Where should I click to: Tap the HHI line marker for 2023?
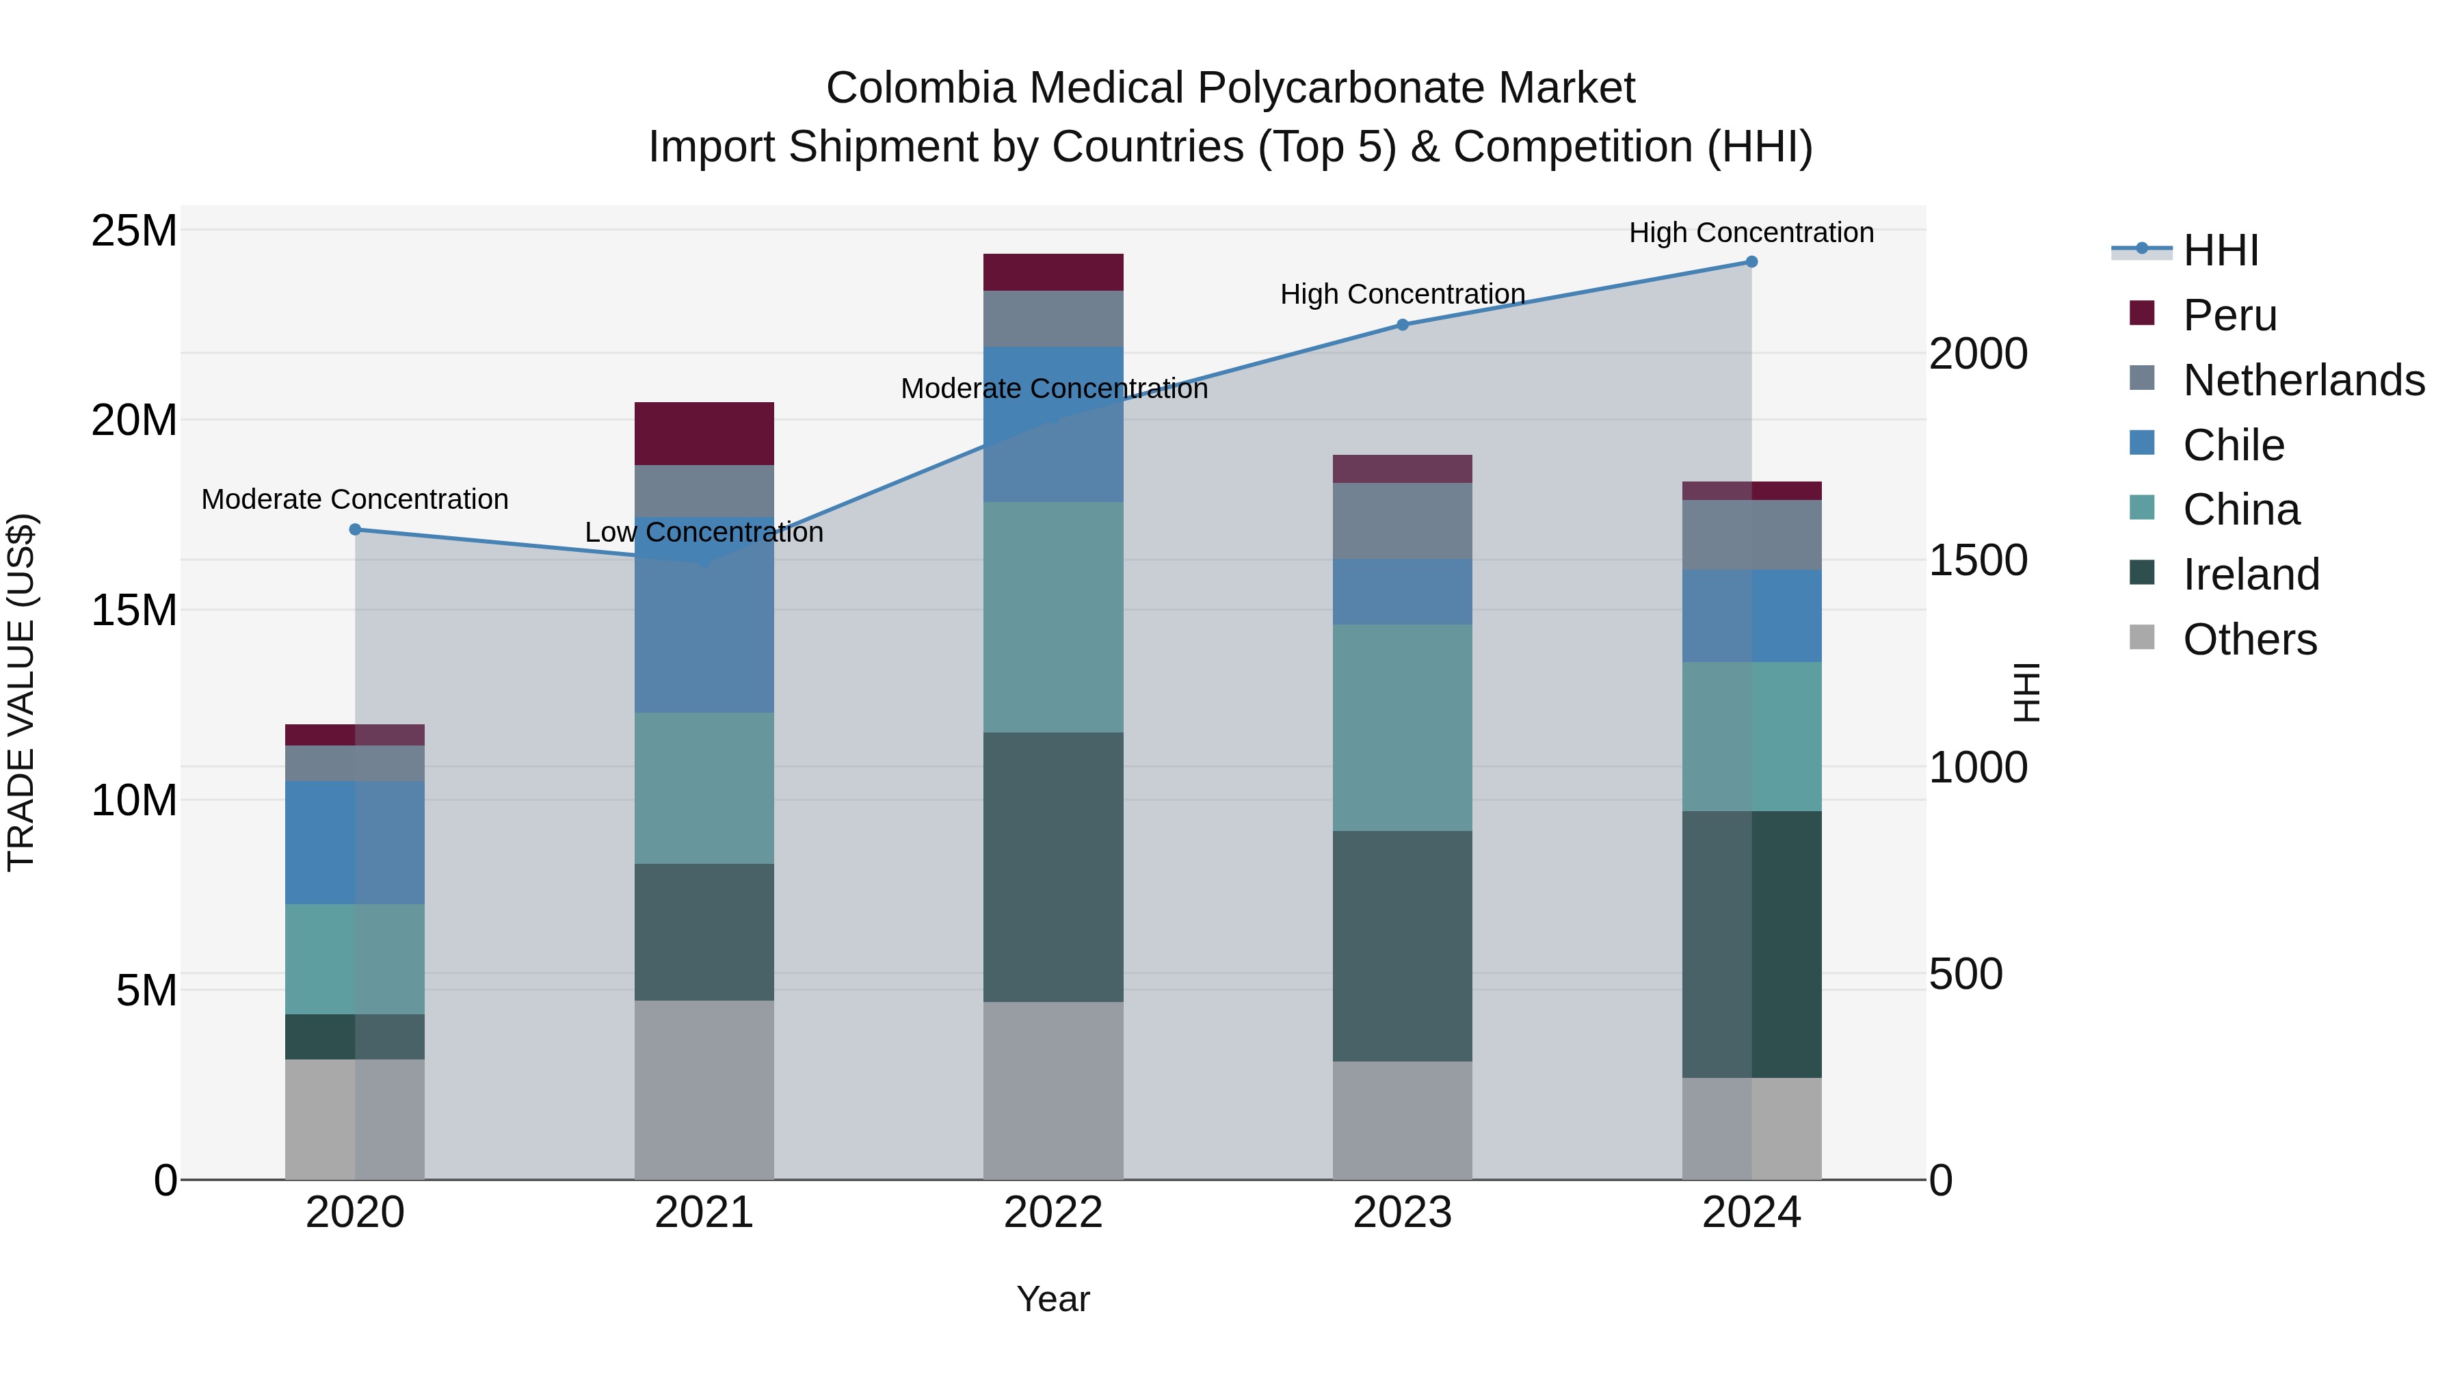click(x=1402, y=324)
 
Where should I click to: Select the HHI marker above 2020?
click(x=354, y=529)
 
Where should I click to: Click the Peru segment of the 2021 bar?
click(x=704, y=433)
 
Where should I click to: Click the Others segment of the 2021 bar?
click(x=704, y=1089)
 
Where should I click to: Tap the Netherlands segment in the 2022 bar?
click(x=1053, y=317)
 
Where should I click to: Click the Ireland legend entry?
click(x=2250, y=575)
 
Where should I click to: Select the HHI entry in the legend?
click(x=2219, y=250)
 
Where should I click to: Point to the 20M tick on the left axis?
click(x=134, y=420)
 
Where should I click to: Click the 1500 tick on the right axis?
click(x=1977, y=560)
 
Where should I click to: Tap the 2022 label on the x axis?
click(x=1053, y=1213)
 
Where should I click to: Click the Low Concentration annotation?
click(x=704, y=532)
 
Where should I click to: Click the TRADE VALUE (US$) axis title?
click(x=21, y=692)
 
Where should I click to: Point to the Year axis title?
click(x=1053, y=1299)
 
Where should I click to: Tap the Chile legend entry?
click(x=2233, y=445)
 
